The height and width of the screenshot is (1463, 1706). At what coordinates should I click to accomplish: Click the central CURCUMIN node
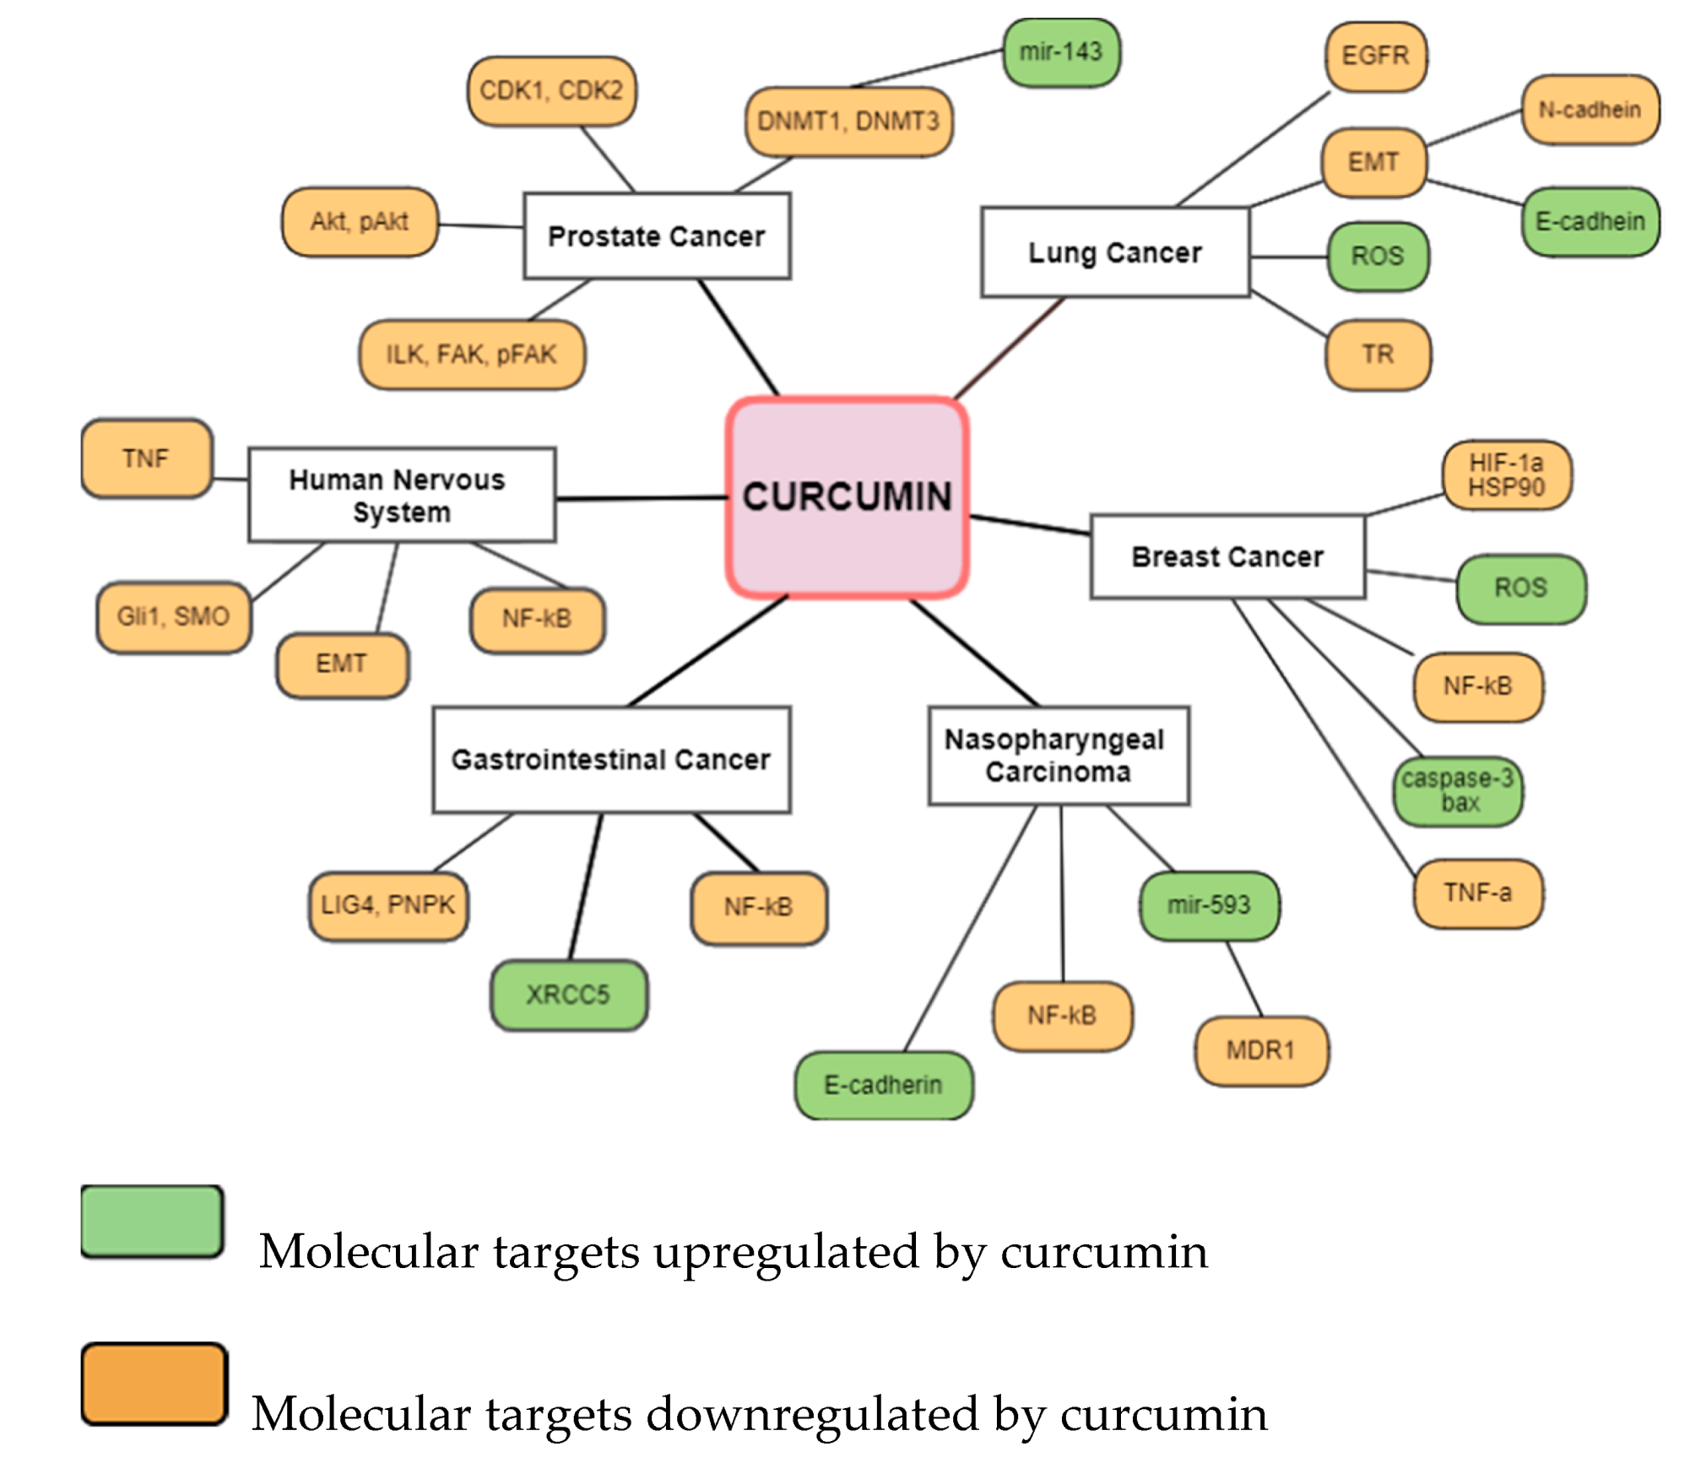(847, 497)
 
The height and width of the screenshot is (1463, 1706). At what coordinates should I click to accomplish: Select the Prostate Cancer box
(657, 236)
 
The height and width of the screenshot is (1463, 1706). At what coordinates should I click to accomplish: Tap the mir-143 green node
(1061, 52)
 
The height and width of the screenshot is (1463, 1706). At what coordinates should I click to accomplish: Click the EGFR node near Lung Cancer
(1375, 57)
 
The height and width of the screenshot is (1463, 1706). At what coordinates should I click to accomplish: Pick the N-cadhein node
(1590, 110)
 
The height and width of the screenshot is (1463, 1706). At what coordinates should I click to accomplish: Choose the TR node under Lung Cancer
(1378, 355)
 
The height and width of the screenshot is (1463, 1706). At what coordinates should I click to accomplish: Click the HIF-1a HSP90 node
(1506, 475)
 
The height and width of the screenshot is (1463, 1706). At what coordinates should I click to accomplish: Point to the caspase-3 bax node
(1458, 790)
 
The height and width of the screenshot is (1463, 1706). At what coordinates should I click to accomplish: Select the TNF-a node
(1477, 893)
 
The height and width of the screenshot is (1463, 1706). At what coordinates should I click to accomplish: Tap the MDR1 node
(1260, 1050)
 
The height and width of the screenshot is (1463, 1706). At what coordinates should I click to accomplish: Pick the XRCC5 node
(568, 994)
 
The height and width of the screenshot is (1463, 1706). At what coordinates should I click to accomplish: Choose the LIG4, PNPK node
(387, 906)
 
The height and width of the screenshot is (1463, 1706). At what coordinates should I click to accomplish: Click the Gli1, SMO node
(173, 617)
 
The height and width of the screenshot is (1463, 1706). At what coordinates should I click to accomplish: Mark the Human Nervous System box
(401, 496)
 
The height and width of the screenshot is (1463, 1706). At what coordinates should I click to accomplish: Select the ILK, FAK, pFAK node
(471, 355)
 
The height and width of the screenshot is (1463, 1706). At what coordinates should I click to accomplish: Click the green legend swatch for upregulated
(152, 1221)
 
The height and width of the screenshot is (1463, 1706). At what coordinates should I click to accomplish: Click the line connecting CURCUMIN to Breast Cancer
(1030, 525)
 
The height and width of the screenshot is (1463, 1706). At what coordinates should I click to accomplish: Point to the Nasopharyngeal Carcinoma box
(1059, 756)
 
